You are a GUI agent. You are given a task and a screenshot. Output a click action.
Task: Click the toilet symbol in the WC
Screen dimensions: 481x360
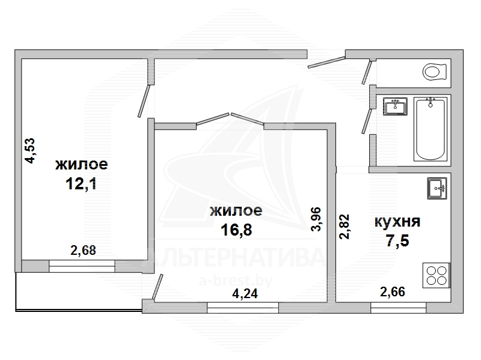[x=434, y=72]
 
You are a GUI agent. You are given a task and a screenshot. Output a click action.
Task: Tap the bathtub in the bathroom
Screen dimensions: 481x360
[x=430, y=129]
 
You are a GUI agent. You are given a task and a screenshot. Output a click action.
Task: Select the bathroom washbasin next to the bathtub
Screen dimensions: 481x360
[x=395, y=106]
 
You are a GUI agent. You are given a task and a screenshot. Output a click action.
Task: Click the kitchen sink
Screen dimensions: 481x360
[x=437, y=188]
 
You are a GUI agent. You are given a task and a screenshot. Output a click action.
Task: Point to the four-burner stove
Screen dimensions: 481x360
[x=437, y=275]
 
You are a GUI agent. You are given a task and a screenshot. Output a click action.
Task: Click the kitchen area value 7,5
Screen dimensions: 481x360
[x=397, y=241]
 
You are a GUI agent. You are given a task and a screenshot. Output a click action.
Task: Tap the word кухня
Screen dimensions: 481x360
[x=397, y=222]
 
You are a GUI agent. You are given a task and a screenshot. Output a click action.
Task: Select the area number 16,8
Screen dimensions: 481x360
[x=236, y=230]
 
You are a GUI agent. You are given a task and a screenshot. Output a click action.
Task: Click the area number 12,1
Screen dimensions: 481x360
[x=81, y=184]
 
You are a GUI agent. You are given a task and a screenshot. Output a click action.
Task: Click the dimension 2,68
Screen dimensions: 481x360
[x=83, y=251]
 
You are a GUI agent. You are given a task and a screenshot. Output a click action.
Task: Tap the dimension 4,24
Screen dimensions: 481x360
[x=245, y=294]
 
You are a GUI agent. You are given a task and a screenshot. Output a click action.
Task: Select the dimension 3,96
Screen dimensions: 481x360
[x=316, y=219]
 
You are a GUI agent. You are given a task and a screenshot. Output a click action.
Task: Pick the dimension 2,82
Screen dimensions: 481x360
[x=344, y=227]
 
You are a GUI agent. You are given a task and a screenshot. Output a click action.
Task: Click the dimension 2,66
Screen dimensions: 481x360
[x=393, y=291]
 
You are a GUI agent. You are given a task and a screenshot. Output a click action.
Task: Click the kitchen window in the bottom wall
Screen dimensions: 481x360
[x=398, y=308]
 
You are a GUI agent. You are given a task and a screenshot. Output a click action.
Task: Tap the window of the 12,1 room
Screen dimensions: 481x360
[x=82, y=266]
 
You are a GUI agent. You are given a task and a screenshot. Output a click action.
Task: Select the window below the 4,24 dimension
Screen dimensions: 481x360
[x=243, y=308]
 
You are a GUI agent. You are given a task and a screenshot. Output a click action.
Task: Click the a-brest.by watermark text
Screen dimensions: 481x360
[x=236, y=280]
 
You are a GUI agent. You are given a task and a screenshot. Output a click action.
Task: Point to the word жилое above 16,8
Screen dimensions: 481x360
[x=236, y=211]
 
